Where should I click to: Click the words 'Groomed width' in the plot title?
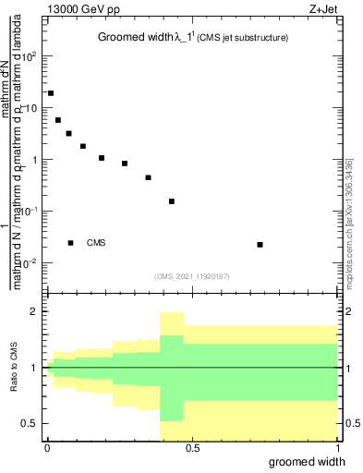(x=134, y=38)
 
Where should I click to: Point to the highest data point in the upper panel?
(x=51, y=93)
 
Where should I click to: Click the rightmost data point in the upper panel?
(x=260, y=245)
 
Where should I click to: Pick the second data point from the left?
(x=58, y=120)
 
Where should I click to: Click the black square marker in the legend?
(x=71, y=243)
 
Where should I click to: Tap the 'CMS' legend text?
(x=96, y=243)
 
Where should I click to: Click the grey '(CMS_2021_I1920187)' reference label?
(x=192, y=276)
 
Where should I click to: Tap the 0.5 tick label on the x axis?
(x=192, y=447)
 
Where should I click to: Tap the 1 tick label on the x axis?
(x=338, y=447)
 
